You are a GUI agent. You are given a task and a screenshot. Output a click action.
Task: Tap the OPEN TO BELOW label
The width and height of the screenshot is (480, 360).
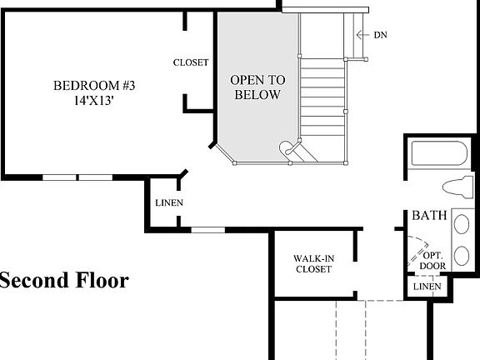257,87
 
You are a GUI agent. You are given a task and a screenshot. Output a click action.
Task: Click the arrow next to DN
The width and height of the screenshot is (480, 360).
361,34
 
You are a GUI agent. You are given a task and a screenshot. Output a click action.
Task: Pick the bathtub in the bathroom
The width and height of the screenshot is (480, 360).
439,154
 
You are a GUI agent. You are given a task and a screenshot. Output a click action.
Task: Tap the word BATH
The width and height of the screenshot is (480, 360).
429,216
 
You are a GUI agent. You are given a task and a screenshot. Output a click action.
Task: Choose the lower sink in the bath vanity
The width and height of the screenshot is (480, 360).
461,257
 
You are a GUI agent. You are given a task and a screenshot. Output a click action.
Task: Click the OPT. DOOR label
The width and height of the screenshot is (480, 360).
432,261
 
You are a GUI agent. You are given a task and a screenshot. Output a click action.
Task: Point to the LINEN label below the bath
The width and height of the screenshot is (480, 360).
427,287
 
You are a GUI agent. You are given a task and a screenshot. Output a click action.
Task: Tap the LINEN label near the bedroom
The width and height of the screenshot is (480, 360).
169,202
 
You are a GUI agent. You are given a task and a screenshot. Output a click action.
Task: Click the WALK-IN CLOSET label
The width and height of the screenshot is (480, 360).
312,263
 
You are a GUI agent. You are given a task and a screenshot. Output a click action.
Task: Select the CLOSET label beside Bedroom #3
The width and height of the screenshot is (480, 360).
191,62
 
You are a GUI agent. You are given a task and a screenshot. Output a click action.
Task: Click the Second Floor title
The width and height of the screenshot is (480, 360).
64,280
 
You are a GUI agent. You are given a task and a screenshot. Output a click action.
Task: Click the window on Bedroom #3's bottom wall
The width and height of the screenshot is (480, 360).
78,177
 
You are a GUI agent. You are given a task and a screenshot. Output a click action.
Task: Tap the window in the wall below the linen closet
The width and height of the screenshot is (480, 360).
207,229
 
